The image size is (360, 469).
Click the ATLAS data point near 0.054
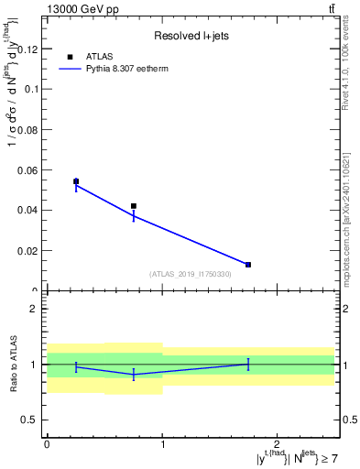(x=76, y=181)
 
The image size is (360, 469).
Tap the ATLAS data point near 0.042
(x=134, y=206)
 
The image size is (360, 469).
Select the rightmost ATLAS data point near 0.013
(x=248, y=265)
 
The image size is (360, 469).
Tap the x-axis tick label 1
(x=162, y=444)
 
